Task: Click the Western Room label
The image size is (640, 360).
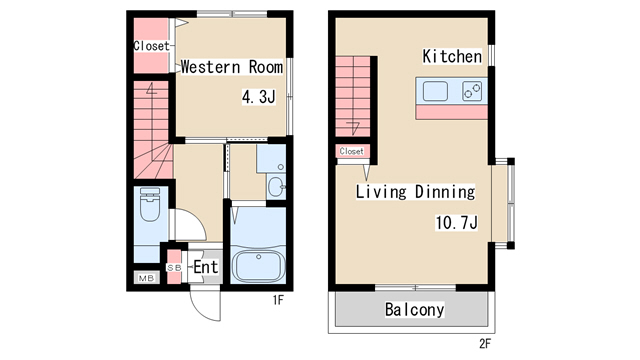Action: click(x=231, y=67)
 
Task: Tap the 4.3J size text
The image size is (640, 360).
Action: click(x=259, y=97)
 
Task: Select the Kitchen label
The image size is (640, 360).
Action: click(x=452, y=56)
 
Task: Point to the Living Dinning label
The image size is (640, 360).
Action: click(x=415, y=191)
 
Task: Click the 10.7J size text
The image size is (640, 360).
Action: click(x=456, y=223)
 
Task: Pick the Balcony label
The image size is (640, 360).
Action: click(x=414, y=310)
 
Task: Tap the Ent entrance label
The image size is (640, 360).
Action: click(x=206, y=267)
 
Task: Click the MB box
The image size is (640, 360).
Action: click(x=147, y=278)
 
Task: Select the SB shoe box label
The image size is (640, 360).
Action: click(x=174, y=268)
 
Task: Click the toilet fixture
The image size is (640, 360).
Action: click(x=151, y=204)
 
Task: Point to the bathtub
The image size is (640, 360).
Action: click(x=258, y=266)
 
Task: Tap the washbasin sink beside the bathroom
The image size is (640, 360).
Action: click(x=276, y=186)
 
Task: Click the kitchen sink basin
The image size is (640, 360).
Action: click(x=435, y=91)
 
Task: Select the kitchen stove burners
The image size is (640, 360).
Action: click(x=472, y=91)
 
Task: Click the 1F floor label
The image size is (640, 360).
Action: click(x=278, y=300)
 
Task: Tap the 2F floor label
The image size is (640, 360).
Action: click(x=484, y=344)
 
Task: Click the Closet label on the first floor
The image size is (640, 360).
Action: click(x=151, y=46)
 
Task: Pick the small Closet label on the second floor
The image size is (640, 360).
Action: click(x=351, y=151)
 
